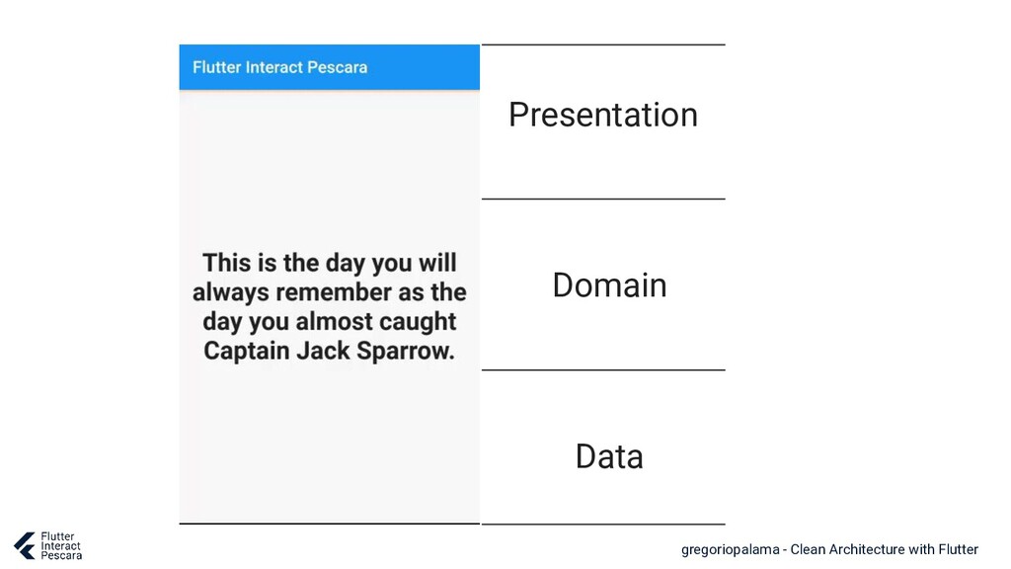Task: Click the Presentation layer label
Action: (x=603, y=116)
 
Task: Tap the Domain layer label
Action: (x=609, y=285)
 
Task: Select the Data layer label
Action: (x=609, y=456)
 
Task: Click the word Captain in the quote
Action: (x=246, y=352)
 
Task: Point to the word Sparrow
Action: (x=406, y=351)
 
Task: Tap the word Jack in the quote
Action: (x=323, y=351)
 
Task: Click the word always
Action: (x=230, y=292)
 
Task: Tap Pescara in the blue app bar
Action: (x=338, y=67)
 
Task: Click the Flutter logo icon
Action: (x=25, y=545)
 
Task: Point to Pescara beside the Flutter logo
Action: (x=61, y=555)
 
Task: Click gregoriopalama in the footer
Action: (x=730, y=550)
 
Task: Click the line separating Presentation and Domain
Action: (x=603, y=199)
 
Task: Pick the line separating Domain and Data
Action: (x=603, y=369)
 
